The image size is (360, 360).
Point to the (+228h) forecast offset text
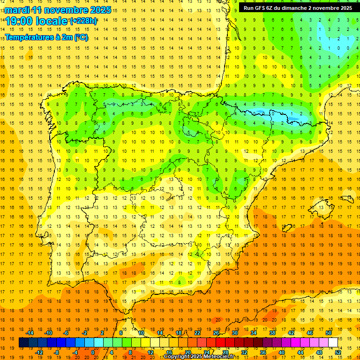tap(83, 21)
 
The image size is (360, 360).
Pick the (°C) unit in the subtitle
tap(81, 37)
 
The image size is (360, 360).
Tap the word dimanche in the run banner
tap(295, 8)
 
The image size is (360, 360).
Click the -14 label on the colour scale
tap(30, 333)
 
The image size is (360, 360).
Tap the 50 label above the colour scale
tap(328, 333)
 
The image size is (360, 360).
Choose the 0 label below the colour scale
tap(92, 352)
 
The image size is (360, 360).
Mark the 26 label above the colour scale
tap(216, 333)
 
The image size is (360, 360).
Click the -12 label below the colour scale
tap(39, 352)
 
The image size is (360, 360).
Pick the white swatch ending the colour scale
tap(333, 343)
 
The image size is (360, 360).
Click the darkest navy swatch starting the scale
tap(23, 343)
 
